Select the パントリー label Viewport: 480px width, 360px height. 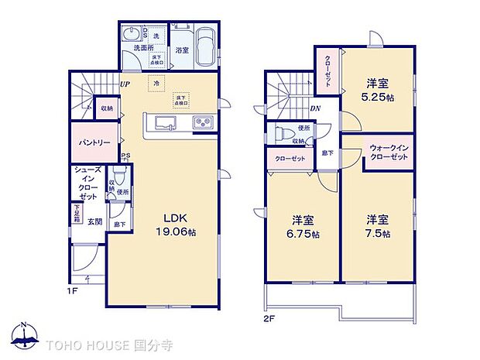[91, 144]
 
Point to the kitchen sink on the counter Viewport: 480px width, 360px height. [166, 122]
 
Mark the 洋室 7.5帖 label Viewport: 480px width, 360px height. [378, 226]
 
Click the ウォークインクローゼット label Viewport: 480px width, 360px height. [388, 152]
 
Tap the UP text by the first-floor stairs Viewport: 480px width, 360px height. [124, 84]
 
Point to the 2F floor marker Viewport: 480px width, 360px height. [268, 317]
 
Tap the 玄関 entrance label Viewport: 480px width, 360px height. [94, 221]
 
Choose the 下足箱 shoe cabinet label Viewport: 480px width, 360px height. [77, 213]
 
